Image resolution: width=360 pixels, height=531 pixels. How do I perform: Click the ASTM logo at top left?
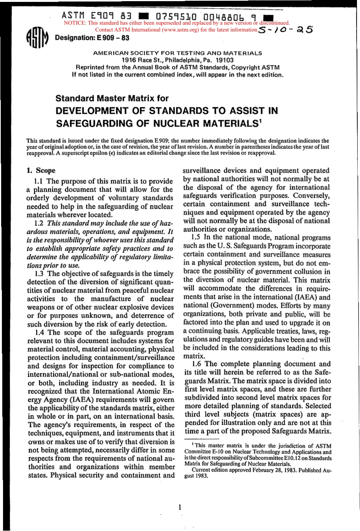point(37,38)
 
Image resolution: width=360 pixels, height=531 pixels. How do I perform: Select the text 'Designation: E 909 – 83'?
point(92,38)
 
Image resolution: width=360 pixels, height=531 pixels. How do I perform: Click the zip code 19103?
point(225,60)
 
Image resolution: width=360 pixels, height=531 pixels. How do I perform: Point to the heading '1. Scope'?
point(41,171)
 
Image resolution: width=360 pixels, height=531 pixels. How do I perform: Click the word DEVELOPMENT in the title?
point(92,111)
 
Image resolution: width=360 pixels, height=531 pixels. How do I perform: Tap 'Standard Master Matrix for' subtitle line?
point(112,98)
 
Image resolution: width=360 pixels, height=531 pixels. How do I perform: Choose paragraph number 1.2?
point(39,223)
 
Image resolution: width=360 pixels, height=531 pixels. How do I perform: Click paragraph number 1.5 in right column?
point(197,238)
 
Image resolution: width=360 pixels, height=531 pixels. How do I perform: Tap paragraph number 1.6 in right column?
point(197,364)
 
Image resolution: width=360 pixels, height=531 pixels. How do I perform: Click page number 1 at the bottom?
point(180,507)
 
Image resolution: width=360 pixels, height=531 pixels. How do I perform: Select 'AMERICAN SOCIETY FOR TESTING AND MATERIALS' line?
point(177,53)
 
